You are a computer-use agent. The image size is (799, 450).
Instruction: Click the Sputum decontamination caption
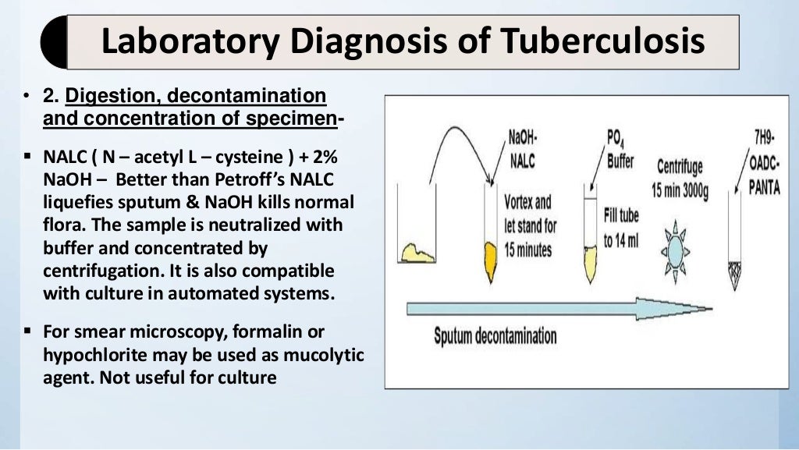click(x=495, y=337)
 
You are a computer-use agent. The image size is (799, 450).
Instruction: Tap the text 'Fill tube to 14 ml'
click(x=621, y=227)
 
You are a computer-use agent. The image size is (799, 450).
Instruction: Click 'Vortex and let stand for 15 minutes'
click(x=530, y=226)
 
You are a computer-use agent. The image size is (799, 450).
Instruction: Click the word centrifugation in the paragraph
click(x=98, y=271)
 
